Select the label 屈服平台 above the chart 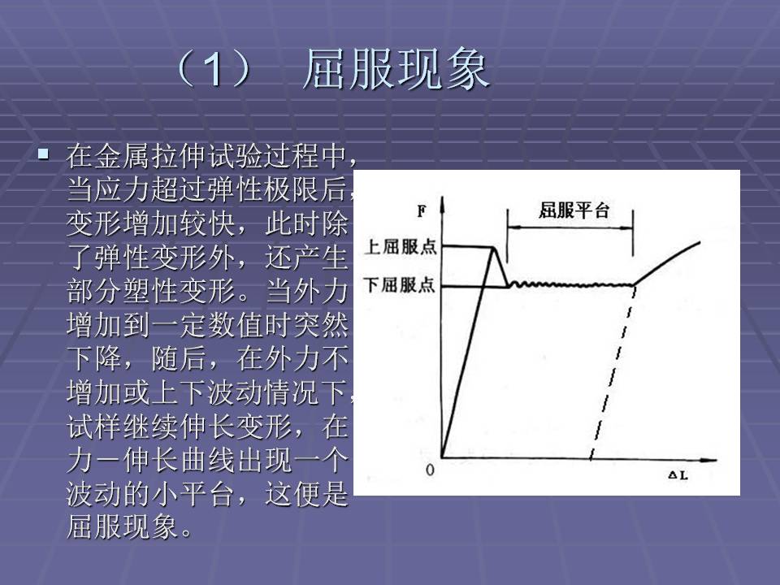(574, 211)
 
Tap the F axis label (422, 212)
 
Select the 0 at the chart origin (431, 470)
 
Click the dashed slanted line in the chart (611, 374)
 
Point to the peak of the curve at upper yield (495, 247)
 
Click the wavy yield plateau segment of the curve (569, 284)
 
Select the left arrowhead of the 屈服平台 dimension (512, 228)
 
